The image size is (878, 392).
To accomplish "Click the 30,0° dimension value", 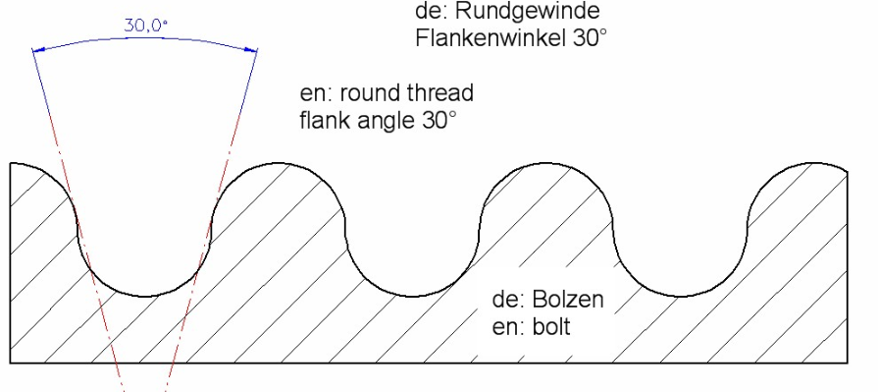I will tap(145, 26).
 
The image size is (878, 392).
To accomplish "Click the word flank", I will tap(323, 124).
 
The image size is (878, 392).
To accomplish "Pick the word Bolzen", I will tap(570, 300).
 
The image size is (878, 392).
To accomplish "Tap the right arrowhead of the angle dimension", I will tap(254, 51).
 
